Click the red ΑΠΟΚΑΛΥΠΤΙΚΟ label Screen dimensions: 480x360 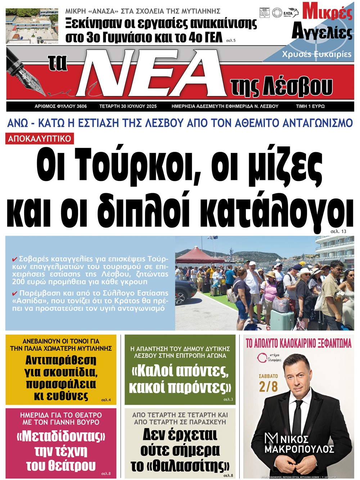click(40, 139)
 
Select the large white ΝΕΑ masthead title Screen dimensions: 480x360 click(151, 74)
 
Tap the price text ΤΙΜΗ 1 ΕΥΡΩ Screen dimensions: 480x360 click(310, 107)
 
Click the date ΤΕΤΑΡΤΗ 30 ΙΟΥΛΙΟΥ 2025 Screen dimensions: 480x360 click(128, 107)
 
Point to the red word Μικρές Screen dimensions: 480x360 click(327, 12)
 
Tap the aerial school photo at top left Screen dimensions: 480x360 click(32, 26)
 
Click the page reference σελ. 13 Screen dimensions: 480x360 click(338, 231)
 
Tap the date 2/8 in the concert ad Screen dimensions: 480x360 click(268, 387)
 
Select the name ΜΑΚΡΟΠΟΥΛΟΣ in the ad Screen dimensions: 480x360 click(299, 449)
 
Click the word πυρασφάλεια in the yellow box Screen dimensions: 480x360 click(61, 384)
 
